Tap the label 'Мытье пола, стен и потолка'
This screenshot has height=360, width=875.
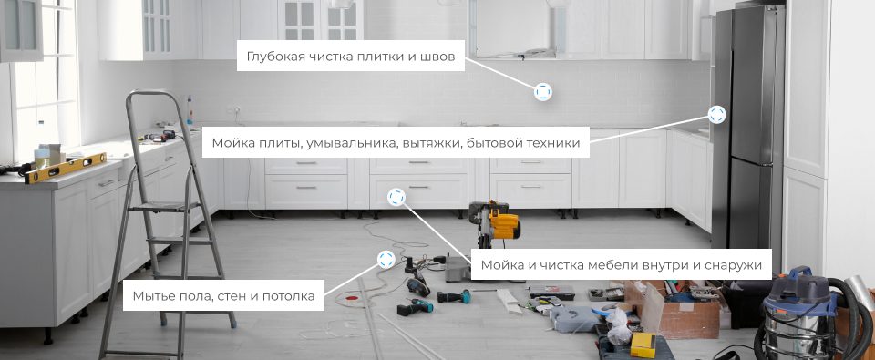(x=223, y=295)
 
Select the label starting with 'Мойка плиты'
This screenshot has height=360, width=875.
(x=396, y=142)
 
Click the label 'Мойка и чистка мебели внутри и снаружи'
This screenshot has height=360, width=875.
(x=621, y=265)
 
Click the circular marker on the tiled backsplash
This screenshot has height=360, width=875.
(x=543, y=92)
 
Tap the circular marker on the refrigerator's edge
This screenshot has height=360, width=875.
(x=716, y=114)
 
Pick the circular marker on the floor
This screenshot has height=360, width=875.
(x=386, y=260)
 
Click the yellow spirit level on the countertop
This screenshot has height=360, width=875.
(x=64, y=168)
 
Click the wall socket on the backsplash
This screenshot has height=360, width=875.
(x=236, y=111)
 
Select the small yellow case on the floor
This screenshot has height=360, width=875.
(x=643, y=343)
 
